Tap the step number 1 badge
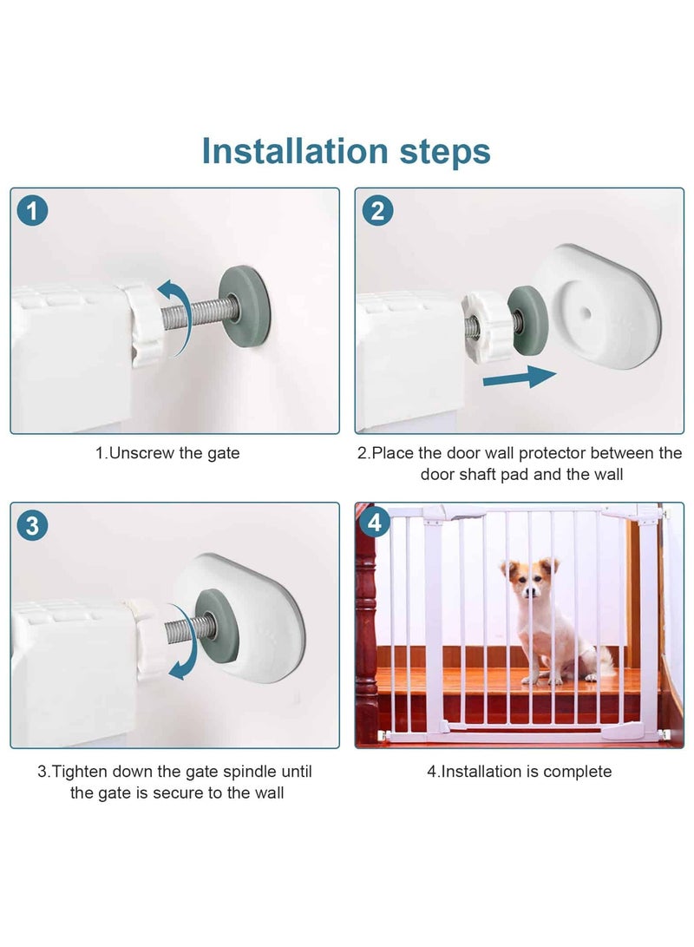tap(33, 211)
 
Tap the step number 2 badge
tap(377, 211)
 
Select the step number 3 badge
tap(33, 525)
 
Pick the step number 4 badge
tap(375, 523)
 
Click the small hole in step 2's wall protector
tap(587, 310)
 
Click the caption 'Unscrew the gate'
tap(167, 453)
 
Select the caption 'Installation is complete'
tap(519, 771)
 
